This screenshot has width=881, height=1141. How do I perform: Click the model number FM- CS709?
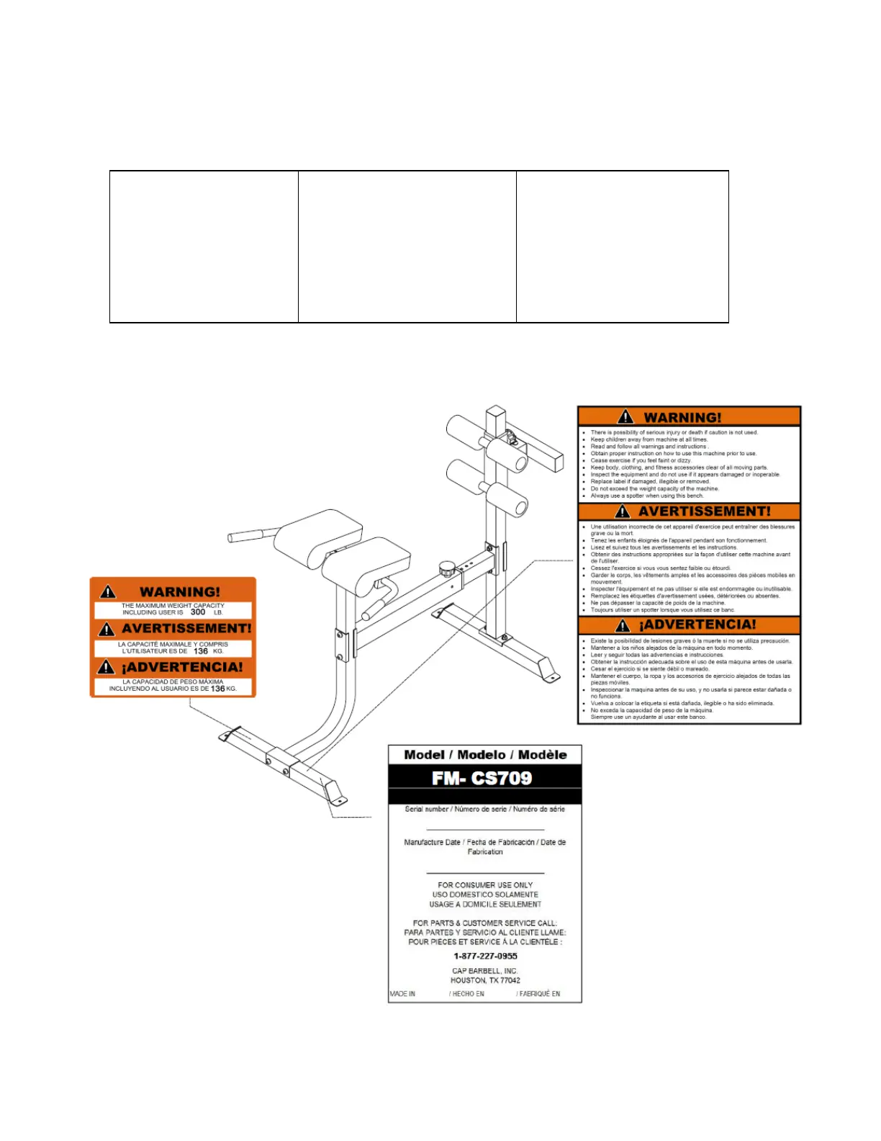coord(482,778)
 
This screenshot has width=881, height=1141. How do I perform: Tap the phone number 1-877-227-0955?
coord(485,956)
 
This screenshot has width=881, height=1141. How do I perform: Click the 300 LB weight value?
coord(198,612)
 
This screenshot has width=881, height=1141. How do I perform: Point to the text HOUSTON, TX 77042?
coord(485,980)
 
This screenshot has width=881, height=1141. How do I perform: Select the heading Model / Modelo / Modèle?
coord(485,755)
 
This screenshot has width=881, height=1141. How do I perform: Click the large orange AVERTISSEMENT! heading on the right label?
coord(704,511)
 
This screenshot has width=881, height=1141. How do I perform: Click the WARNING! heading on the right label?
coord(682,417)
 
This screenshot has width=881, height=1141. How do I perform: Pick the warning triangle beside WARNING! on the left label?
coord(108,592)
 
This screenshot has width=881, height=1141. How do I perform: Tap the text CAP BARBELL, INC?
coord(485,971)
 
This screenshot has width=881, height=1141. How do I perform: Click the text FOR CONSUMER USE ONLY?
coord(485,885)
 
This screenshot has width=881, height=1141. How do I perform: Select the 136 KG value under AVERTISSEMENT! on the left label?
coord(201,651)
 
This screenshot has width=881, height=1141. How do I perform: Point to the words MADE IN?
coord(402,994)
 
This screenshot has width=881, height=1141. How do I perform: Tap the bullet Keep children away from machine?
coord(649,439)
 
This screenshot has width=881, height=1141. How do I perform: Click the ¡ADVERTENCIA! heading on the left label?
coord(182,667)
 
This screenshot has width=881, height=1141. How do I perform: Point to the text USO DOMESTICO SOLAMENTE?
coord(485,895)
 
